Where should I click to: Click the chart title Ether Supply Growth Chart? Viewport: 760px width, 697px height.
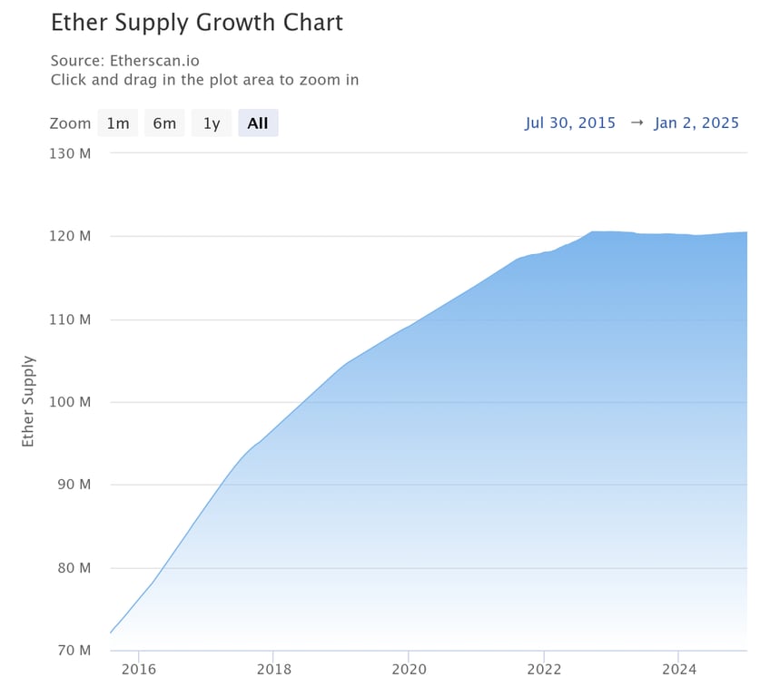(x=197, y=23)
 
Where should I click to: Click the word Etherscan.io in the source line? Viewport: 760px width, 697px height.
(x=155, y=61)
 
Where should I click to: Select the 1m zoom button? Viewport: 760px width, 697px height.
(x=118, y=123)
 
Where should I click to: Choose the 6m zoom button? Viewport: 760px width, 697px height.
(x=164, y=123)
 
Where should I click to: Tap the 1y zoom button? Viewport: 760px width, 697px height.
(x=212, y=123)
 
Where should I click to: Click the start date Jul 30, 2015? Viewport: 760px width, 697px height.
(x=570, y=123)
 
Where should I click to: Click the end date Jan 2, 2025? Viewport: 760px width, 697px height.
(x=696, y=123)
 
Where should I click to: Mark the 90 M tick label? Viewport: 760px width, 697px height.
(x=73, y=485)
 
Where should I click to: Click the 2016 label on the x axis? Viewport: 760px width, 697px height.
(x=138, y=671)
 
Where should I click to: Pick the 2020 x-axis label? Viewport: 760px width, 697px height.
(x=409, y=671)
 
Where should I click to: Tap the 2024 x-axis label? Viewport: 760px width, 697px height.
(x=679, y=671)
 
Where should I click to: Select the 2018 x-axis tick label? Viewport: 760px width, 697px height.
(x=273, y=671)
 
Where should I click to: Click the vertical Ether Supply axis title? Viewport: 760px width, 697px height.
(x=28, y=401)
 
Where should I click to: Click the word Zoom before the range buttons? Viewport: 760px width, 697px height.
(x=70, y=123)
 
